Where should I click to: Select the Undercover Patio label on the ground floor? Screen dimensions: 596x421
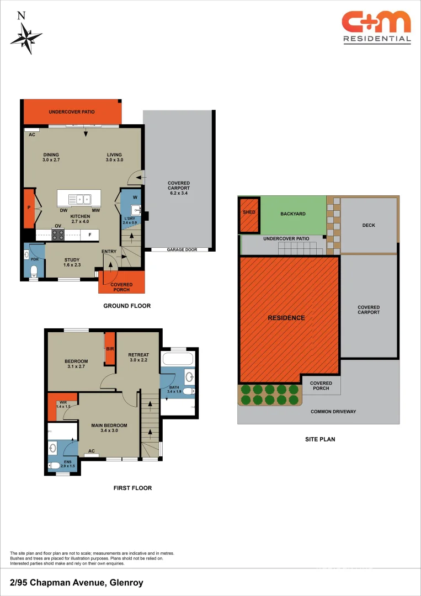(71, 112)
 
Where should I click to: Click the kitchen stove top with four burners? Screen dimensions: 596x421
(58, 235)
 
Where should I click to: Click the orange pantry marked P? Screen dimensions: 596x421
(29, 209)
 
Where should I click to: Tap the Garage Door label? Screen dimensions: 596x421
(182, 250)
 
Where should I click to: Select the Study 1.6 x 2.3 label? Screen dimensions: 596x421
(72, 262)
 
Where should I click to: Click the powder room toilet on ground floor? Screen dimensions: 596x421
(34, 270)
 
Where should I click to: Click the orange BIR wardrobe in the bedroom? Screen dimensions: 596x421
(110, 348)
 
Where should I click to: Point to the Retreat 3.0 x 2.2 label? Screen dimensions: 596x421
(138, 358)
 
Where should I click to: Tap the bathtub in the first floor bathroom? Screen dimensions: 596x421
(178, 360)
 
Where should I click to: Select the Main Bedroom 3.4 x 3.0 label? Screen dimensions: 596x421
(109, 428)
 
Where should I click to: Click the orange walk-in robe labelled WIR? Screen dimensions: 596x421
(55, 406)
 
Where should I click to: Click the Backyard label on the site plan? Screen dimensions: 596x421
(292, 214)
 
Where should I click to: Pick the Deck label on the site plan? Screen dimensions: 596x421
(369, 225)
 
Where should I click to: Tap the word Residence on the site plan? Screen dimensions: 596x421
(286, 318)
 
